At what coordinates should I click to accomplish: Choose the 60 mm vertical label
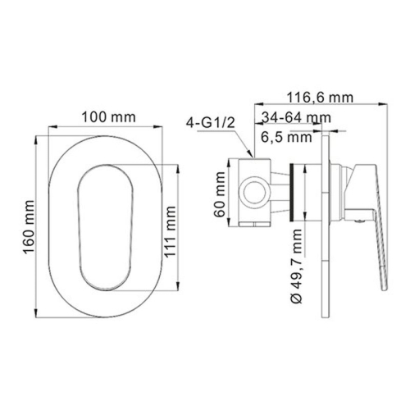[219, 194]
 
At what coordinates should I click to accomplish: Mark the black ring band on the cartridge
[293, 194]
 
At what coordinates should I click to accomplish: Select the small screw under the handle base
[358, 218]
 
